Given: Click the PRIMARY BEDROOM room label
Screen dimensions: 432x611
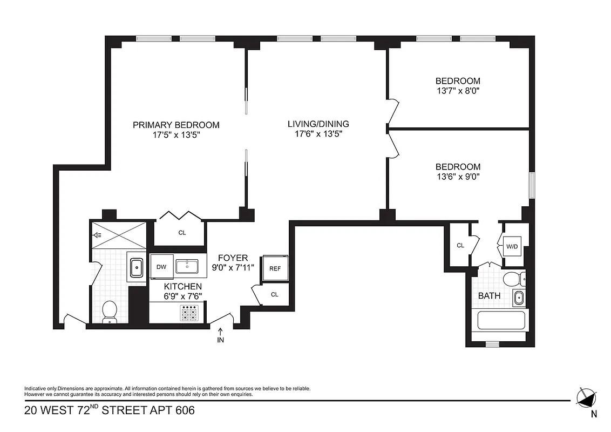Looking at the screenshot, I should click(176, 125).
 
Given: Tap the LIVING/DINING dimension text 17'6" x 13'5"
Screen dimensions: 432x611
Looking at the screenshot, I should click(318, 133).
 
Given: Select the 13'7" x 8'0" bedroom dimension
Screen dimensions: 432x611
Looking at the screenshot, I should click(458, 91).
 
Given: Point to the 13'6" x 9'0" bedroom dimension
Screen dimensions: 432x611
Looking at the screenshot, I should click(458, 176).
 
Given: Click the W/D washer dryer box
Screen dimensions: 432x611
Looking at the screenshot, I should click(512, 247).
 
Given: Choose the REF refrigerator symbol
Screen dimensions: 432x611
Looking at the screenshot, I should click(275, 268).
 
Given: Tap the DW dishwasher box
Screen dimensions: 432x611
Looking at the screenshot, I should click(161, 267).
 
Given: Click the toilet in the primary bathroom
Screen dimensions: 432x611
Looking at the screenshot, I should click(110, 312).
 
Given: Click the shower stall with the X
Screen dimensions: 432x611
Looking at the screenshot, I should click(118, 234).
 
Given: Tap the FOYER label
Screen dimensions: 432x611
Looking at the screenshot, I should click(233, 258).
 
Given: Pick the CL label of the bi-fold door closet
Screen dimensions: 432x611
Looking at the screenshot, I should click(182, 233).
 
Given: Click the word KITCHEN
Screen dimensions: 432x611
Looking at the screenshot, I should click(183, 286).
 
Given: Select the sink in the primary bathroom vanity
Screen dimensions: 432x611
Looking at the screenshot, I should click(136, 267).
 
